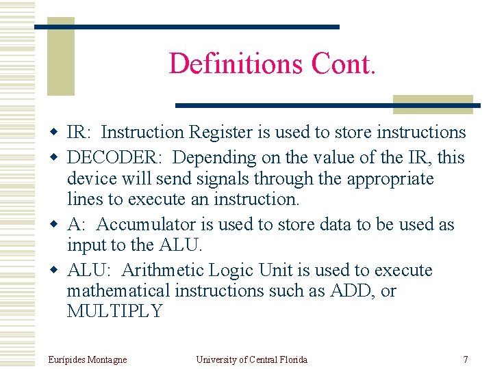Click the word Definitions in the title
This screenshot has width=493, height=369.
[236, 64]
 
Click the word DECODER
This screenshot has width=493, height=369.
[114, 157]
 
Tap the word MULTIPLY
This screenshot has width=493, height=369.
[115, 312]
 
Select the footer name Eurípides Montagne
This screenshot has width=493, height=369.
[88, 359]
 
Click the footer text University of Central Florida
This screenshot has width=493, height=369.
[251, 359]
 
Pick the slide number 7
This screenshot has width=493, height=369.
[466, 359]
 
